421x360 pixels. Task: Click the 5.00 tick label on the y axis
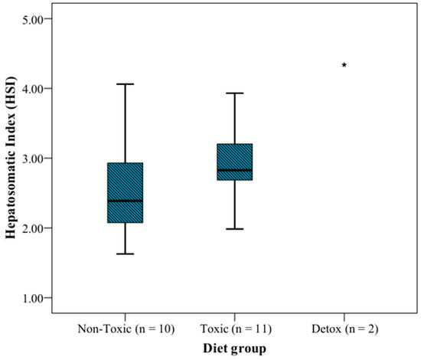[33, 20]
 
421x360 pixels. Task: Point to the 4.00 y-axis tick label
[33, 89]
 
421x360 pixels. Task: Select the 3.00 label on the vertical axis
[33, 159]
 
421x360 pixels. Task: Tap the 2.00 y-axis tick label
[33, 228]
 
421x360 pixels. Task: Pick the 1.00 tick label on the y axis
[33, 298]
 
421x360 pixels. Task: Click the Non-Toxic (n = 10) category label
[126, 329]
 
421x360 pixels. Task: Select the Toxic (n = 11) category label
[236, 329]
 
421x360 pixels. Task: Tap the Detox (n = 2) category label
[344, 329]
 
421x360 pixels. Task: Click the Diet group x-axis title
[234, 349]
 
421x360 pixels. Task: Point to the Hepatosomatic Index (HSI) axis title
[11, 158]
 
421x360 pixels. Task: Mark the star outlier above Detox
[344, 65]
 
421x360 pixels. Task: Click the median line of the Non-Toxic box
[125, 201]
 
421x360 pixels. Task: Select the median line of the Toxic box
[235, 170]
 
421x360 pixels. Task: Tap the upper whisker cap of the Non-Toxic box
[125, 84]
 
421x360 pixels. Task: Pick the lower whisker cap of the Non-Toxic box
[125, 254]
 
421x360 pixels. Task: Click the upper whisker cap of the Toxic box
[235, 93]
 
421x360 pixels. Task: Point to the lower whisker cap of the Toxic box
[235, 229]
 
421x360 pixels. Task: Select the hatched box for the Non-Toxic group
[125, 192]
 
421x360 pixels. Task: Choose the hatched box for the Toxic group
[235, 162]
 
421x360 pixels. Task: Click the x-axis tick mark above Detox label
[344, 317]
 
